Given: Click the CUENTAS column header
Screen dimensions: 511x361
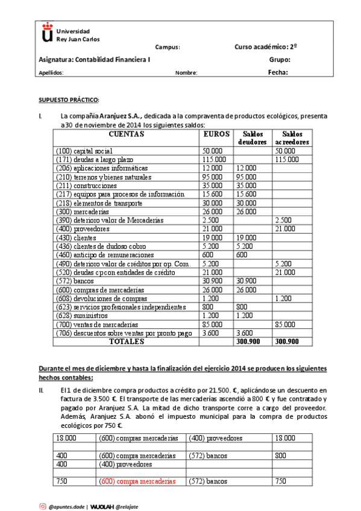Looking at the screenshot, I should point(126,134).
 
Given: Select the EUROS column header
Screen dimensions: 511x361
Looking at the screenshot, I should point(216,134).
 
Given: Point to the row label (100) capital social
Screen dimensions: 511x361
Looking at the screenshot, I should point(84,151).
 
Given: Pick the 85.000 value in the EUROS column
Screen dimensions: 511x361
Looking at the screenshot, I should point(213,324).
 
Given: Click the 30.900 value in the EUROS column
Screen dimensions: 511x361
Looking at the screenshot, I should point(213,281).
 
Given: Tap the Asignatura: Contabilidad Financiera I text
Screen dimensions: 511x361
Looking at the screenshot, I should point(95,60).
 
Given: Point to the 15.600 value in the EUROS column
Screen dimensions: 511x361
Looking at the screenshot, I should point(213,194).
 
